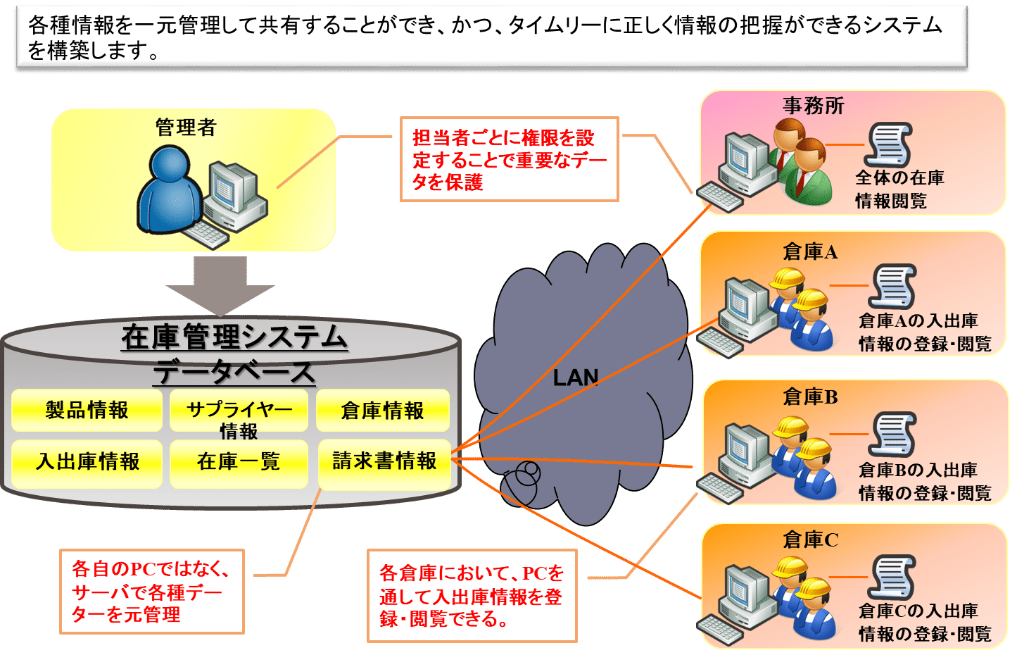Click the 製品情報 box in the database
point(87,410)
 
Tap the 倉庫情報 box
point(382,411)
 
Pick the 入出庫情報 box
point(87,462)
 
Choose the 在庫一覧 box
point(239,462)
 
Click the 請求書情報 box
point(384,461)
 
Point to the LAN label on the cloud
point(575,378)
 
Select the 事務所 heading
point(813,106)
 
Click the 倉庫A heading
point(810,251)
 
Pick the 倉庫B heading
point(810,397)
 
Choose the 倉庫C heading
point(810,540)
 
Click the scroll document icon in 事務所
point(889,144)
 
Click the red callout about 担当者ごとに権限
point(509,160)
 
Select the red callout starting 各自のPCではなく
point(151,592)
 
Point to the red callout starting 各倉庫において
point(472,596)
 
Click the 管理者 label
point(186,127)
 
